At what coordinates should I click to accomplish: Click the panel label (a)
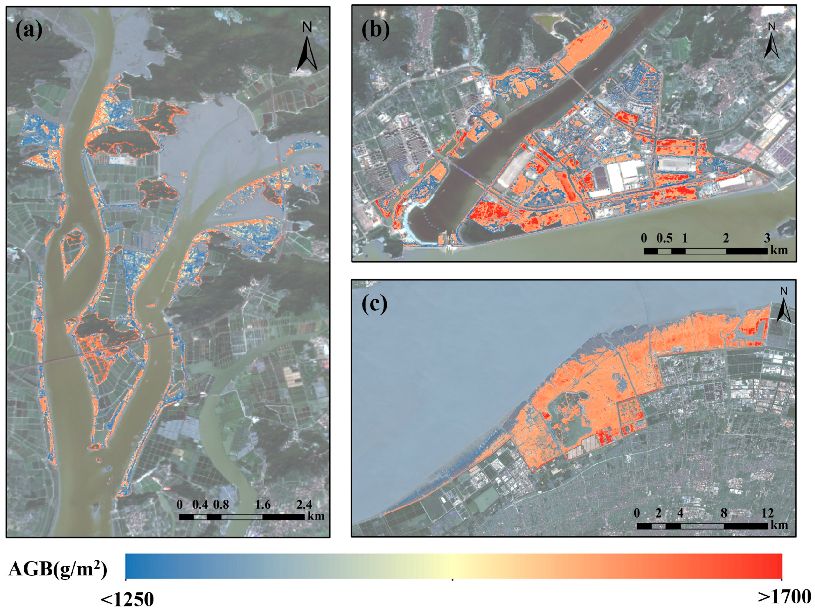[29, 30]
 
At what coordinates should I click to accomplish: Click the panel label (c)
[374, 304]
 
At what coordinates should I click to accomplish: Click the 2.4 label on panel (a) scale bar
[304, 504]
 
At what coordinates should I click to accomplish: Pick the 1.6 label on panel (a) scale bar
[263, 504]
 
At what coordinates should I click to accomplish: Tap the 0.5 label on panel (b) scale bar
[664, 238]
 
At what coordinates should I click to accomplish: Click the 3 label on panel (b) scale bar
[767, 238]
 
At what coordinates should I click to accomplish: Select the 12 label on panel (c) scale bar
[768, 513]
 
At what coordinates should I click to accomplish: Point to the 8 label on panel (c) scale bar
[724, 513]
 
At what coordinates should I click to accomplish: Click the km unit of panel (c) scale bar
[779, 525]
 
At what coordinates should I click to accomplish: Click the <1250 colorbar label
[127, 600]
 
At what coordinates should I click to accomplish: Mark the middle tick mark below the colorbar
[452, 580]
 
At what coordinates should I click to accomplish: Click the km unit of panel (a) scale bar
[316, 515]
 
